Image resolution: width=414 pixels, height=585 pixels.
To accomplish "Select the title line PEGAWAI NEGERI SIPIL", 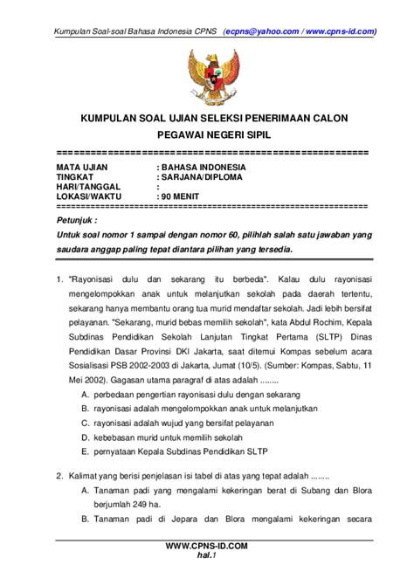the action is click(207, 138).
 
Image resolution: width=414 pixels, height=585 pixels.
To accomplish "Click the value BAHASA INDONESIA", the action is click(202, 166).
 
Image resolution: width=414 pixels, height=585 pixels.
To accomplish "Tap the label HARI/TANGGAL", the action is click(86, 187).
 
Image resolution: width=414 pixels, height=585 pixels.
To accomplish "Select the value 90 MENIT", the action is click(182, 197).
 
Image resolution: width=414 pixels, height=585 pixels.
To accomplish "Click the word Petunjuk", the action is click(78, 221).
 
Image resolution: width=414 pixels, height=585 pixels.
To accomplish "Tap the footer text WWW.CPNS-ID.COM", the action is click(207, 545).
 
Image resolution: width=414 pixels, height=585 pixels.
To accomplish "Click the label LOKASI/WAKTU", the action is click(91, 197).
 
